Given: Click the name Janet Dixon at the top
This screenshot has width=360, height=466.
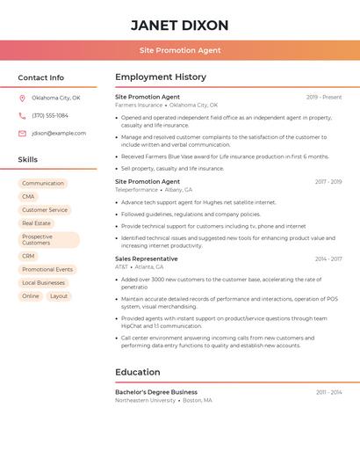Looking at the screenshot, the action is [x=179, y=25].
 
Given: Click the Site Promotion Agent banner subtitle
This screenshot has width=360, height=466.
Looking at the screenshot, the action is [x=179, y=50].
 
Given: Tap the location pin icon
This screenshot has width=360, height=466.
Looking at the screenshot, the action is [x=22, y=98].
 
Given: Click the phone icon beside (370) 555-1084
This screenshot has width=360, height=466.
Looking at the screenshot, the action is [x=22, y=115].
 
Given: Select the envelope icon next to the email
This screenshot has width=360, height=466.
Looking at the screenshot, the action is [x=22, y=134].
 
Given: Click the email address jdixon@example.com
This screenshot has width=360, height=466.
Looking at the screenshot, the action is [x=59, y=134].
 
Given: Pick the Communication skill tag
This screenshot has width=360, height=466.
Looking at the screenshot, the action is [x=43, y=184].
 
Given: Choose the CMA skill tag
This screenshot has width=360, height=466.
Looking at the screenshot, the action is [x=29, y=197].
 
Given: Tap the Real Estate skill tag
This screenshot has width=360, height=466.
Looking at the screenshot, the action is [x=37, y=223].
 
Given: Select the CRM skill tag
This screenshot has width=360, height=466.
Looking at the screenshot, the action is [x=29, y=257].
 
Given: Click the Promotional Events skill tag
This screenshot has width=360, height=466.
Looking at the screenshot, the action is [x=47, y=270].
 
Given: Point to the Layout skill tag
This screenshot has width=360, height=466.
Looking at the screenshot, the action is [x=59, y=296].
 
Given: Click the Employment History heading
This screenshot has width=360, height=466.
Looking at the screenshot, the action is [x=161, y=77].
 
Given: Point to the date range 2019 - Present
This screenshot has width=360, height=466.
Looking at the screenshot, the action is [x=324, y=97].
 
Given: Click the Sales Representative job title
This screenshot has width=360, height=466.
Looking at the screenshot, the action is [x=147, y=259].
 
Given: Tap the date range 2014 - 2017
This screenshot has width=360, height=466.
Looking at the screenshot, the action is [x=328, y=259].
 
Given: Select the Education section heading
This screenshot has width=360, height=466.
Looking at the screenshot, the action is [x=138, y=372].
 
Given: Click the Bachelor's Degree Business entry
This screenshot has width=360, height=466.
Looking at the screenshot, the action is [x=156, y=392].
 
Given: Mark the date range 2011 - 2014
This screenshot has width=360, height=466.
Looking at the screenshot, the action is [x=329, y=392].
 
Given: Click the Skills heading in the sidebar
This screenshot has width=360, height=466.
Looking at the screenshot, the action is [x=28, y=160].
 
